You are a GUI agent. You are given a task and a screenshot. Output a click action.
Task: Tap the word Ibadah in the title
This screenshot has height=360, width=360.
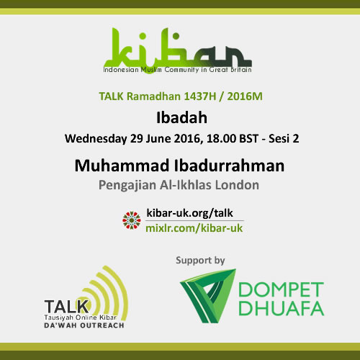tap(181, 118)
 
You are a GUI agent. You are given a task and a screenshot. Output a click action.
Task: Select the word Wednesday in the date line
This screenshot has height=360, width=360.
tap(96, 139)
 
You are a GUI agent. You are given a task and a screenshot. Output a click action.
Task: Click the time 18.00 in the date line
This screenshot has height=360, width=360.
tap(221, 139)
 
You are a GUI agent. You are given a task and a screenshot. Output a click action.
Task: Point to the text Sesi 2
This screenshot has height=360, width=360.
tap(284, 139)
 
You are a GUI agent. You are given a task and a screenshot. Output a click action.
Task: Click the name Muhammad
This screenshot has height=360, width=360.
tap(122, 166)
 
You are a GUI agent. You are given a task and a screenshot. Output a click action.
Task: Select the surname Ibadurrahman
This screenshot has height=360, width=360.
tap(229, 166)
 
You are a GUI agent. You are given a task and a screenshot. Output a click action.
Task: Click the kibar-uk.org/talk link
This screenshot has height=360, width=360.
tap(189, 213)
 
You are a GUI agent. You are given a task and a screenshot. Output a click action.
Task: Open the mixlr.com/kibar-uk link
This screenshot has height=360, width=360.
tap(194, 228)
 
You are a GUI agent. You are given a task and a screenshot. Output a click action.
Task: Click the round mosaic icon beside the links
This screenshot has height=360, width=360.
tap(132, 220)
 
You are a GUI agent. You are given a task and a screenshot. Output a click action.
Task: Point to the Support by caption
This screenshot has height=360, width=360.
tap(200, 261)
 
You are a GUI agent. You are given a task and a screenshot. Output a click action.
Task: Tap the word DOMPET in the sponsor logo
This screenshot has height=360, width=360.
tap(281, 289)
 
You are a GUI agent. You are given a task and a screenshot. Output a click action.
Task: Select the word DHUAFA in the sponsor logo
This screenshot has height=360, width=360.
tap(282, 308)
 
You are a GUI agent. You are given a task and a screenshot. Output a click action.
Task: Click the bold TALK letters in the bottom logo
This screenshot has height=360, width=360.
tap(66, 307)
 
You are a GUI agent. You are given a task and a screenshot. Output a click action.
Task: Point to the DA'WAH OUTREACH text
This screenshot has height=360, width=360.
tap(84, 325)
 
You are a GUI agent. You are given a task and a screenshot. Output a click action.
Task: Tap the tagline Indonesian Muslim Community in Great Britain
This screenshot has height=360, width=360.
tap(177, 70)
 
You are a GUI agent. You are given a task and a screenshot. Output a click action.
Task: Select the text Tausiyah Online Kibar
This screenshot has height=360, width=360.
tap(80, 318)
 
